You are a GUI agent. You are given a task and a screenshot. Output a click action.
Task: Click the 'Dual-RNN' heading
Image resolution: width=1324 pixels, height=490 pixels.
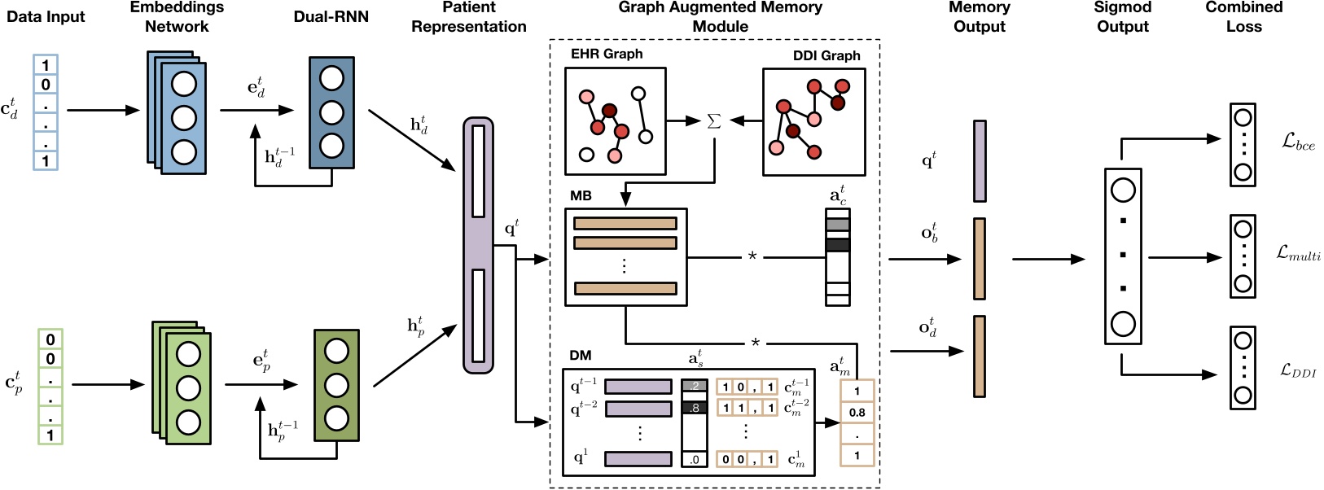point(331,16)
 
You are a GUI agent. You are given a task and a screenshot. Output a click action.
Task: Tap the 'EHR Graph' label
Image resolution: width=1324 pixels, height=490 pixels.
point(607,54)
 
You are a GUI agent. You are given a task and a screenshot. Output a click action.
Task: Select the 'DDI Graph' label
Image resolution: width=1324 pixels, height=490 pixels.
point(826,55)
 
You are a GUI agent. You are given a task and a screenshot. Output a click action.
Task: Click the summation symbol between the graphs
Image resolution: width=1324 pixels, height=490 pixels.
point(714,121)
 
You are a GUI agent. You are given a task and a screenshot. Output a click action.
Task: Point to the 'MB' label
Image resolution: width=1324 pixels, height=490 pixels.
point(581,195)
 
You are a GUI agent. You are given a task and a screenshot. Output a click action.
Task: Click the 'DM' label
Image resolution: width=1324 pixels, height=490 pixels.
point(581,355)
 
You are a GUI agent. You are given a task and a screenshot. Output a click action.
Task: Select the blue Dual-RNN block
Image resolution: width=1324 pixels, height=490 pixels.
point(331,112)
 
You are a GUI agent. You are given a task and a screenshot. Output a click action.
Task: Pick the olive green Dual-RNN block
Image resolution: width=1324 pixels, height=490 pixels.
point(336,385)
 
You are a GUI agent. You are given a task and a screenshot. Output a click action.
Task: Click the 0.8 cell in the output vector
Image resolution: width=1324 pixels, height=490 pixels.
point(857,413)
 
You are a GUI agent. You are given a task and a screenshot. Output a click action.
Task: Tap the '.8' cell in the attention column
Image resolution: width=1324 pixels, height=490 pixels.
point(694,408)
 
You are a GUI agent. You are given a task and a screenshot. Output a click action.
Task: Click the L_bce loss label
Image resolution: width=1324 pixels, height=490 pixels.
point(1298,142)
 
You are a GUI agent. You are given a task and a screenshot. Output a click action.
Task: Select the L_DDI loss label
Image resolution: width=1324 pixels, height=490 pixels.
point(1298,371)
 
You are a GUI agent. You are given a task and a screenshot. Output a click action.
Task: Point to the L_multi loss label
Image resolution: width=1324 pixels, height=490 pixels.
point(1298,254)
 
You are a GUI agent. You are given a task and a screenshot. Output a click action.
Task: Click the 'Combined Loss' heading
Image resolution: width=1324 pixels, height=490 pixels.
point(1243,16)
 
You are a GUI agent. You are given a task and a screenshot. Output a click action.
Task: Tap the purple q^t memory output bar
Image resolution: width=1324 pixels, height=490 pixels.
point(980,160)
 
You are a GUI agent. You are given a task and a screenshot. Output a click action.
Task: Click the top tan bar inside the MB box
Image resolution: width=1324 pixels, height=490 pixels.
point(625,223)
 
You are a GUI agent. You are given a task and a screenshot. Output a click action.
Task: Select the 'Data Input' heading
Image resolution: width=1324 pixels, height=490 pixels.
point(46,16)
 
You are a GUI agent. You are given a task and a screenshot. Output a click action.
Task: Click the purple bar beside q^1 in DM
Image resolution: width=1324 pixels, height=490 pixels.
point(638,459)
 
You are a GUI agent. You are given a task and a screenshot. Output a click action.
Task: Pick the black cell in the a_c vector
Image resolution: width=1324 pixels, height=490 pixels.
point(837,245)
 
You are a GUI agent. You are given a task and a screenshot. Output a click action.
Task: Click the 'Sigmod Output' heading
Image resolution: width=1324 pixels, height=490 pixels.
point(1122,16)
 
